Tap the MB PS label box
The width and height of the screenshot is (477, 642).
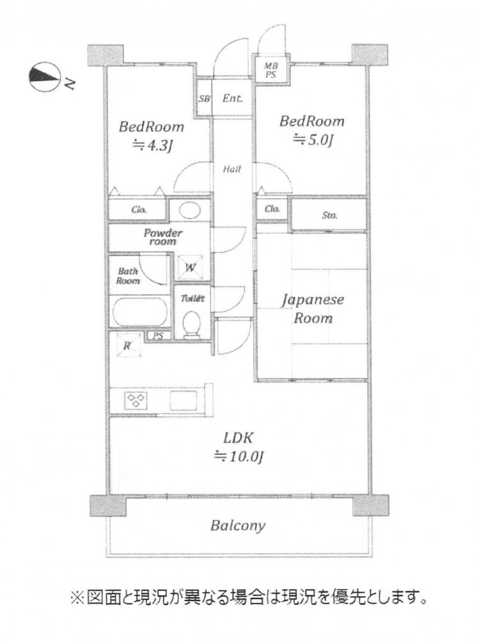(x=272, y=69)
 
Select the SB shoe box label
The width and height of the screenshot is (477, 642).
(x=205, y=99)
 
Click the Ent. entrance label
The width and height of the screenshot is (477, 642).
(x=231, y=99)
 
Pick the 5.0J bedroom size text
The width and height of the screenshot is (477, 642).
(x=313, y=141)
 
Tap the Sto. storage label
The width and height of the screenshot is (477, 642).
(x=329, y=215)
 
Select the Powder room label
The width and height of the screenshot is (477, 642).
(x=164, y=237)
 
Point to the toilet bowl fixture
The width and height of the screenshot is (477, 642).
(x=191, y=323)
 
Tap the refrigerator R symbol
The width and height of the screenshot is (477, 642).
(x=127, y=346)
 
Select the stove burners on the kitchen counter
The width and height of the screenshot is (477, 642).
(x=136, y=401)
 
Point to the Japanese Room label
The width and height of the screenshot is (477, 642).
(x=313, y=309)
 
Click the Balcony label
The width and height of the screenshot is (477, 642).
(x=237, y=526)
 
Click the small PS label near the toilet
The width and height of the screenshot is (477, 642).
(x=158, y=335)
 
